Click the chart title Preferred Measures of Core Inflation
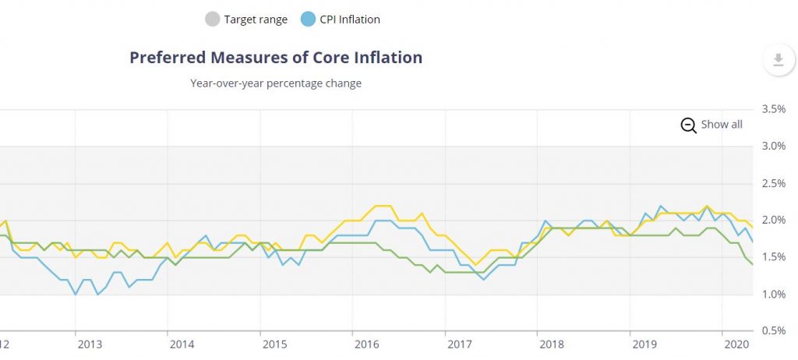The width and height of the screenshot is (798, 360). (276, 58)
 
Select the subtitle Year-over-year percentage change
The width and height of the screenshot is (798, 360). (276, 83)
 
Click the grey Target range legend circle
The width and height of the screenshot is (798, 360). (212, 19)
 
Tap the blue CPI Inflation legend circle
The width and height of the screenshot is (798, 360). (308, 19)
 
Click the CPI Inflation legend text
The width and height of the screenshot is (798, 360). (350, 19)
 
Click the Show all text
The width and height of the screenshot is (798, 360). (722, 125)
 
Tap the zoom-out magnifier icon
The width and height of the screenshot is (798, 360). (688, 125)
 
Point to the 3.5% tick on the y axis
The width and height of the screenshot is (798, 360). (772, 109)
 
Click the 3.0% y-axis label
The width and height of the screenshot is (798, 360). (772, 146)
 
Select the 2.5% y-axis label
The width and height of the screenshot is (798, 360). (772, 183)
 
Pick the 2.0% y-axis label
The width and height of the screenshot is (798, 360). (772, 220)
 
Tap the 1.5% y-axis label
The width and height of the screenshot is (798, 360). (772, 257)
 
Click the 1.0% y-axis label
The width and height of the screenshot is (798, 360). (772, 294)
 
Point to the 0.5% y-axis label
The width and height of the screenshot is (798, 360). (772, 331)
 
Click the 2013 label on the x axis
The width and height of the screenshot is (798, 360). (89, 344)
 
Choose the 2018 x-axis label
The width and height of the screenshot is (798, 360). (551, 344)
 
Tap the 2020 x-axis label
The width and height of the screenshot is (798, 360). (736, 344)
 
